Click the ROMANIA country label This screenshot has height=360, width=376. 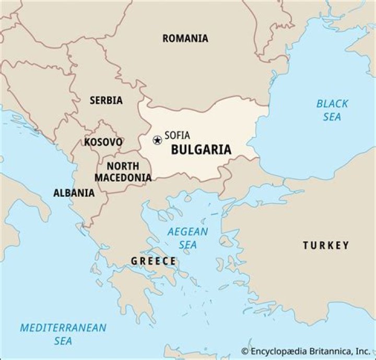point(185,38)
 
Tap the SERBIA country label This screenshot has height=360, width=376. point(106,100)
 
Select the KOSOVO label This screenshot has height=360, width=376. point(103,142)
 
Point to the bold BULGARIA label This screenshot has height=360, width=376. point(201,150)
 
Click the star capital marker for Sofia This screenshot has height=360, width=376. point(157,140)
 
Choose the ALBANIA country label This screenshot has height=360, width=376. point(74,193)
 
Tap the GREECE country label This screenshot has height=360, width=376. point(153,261)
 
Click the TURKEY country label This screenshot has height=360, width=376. point(325,245)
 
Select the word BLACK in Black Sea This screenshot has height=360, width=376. point(332,104)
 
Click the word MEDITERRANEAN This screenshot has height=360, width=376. point(63,328)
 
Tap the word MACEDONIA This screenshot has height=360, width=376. point(123,177)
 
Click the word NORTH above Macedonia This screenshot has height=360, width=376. point(123,166)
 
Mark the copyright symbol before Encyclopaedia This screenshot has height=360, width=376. point(244,351)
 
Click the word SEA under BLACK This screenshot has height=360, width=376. point(332,117)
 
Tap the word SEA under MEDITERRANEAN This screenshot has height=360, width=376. point(63,341)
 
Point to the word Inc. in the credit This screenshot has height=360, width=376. point(363,351)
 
